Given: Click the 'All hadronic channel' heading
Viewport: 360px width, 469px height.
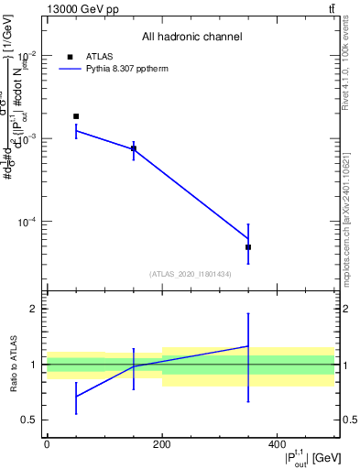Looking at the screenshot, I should tap(191, 38).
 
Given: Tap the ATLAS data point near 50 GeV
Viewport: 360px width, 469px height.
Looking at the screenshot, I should tap(76, 116).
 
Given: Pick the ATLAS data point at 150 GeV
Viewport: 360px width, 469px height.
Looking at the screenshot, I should tap(134, 148).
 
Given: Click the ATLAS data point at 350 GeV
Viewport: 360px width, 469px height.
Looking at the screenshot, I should tap(248, 247).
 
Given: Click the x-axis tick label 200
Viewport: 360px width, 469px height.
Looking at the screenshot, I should tap(162, 444).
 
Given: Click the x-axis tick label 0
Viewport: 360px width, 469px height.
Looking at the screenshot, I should tap(47, 444).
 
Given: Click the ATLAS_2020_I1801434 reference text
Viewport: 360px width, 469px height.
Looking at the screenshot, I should tap(191, 274).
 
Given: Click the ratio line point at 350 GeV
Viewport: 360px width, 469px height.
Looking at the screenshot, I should tap(248, 346).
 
